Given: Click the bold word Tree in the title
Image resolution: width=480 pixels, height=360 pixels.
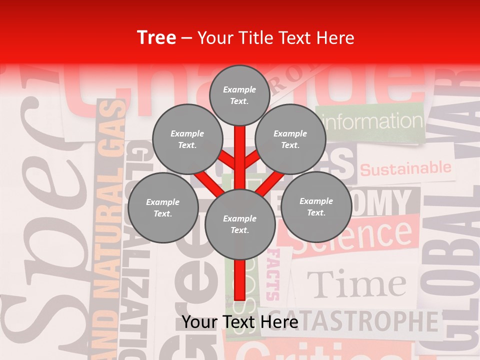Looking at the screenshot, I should (x=156, y=38).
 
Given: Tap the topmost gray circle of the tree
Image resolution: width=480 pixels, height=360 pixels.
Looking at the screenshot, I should (x=239, y=95).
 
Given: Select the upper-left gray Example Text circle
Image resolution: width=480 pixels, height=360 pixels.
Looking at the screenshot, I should (x=187, y=139).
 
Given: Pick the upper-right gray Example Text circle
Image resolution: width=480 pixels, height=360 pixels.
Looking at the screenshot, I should (x=290, y=139).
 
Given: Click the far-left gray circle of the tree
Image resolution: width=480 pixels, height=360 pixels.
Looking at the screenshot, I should (x=163, y=208).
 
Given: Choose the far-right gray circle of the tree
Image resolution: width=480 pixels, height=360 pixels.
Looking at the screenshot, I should (x=316, y=206).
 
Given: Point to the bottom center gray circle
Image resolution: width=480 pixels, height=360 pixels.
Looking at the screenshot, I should (x=240, y=224).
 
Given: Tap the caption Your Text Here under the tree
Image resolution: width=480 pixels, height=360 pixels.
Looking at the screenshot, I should (x=240, y=322).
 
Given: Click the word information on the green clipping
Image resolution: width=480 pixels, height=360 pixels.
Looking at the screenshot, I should (x=372, y=121).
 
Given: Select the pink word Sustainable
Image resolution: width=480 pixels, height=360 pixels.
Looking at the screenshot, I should (x=405, y=169).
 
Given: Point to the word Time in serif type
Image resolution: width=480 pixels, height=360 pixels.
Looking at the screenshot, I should (x=356, y=284).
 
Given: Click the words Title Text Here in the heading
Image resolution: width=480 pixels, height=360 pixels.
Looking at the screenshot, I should (x=276, y=38).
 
